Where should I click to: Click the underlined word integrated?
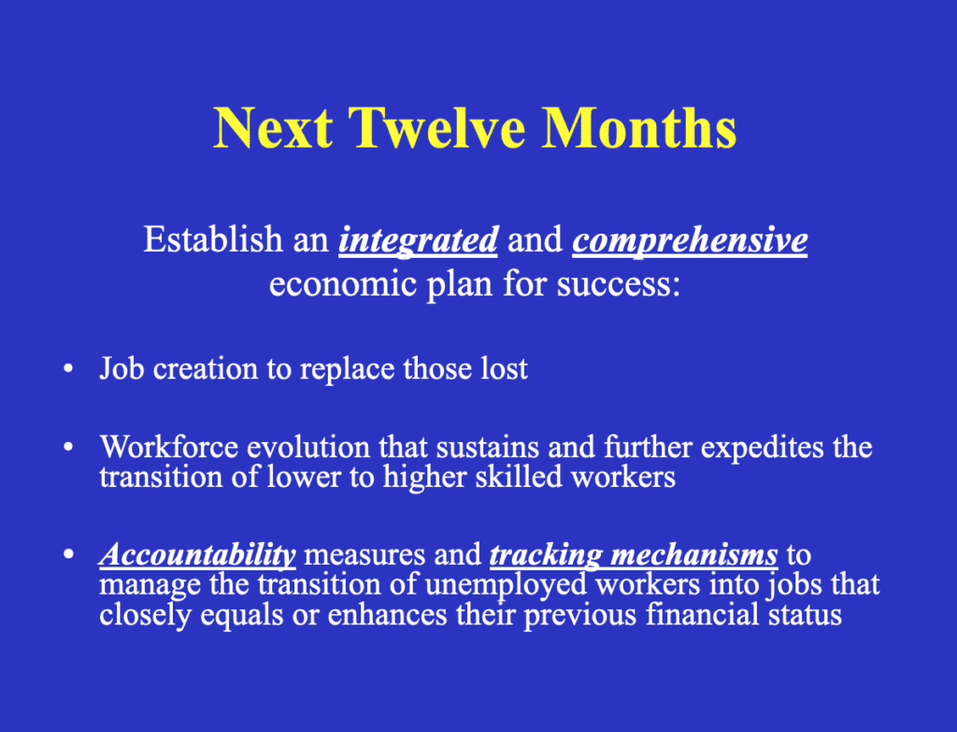point(418,240)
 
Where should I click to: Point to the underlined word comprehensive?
point(690,240)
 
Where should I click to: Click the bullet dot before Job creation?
point(68,369)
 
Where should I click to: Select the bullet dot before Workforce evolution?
point(68,448)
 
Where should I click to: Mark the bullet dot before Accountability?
point(68,555)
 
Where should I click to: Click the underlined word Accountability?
point(198,555)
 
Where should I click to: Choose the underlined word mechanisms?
point(694,555)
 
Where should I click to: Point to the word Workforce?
point(169,447)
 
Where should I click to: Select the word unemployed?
point(506,585)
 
